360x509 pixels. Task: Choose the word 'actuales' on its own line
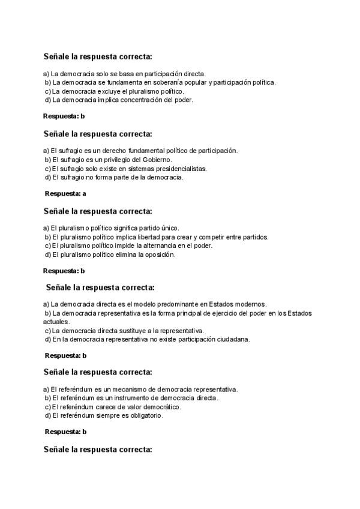point(56,322)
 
